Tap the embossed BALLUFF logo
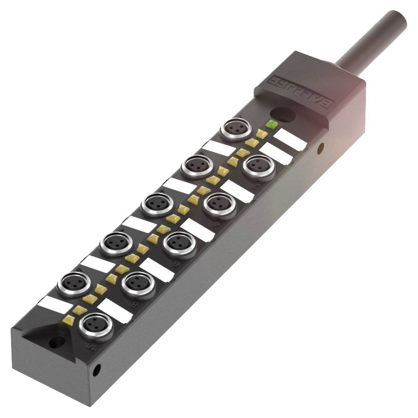pyautogui.click(x=300, y=92)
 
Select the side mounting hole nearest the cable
pyautogui.click(x=321, y=148)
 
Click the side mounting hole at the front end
pyautogui.click(x=97, y=369)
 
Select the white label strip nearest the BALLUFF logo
pyautogui.click(x=290, y=139)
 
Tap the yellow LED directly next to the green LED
pyautogui.click(x=262, y=133)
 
